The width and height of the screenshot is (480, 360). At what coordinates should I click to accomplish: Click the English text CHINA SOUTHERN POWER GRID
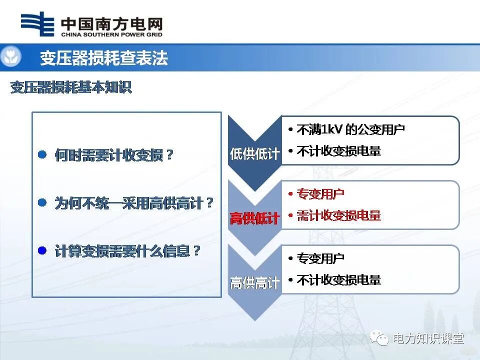pyautogui.click(x=111, y=35)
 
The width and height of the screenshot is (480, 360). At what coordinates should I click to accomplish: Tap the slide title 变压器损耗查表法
pyautogui.click(x=104, y=58)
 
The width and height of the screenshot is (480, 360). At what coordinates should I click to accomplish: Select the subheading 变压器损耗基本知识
pyautogui.click(x=71, y=87)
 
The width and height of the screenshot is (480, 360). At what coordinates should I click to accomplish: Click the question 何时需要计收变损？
pyautogui.click(x=114, y=155)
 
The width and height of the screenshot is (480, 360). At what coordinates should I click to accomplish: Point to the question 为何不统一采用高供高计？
pyautogui.click(x=134, y=203)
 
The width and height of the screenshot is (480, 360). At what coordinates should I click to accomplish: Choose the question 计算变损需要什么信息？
pyautogui.click(x=127, y=251)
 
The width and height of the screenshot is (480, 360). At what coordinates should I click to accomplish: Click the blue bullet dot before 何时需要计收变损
pyautogui.click(x=42, y=155)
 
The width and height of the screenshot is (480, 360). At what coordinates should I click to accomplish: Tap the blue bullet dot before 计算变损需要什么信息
pyautogui.click(x=42, y=250)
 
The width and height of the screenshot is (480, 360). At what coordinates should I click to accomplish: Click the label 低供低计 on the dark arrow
pyautogui.click(x=254, y=153)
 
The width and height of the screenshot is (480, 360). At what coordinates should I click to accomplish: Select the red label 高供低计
pyautogui.click(x=254, y=218)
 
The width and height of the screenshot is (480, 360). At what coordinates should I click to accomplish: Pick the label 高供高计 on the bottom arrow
pyautogui.click(x=254, y=283)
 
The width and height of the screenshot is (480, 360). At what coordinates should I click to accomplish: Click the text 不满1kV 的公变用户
pyautogui.click(x=350, y=129)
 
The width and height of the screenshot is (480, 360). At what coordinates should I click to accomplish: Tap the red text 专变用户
pyautogui.click(x=320, y=194)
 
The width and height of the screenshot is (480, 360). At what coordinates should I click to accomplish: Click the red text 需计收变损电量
pyautogui.click(x=338, y=215)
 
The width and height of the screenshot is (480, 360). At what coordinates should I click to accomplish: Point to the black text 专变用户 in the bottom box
pyautogui.click(x=320, y=258)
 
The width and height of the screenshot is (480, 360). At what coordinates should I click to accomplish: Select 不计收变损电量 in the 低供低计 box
pyautogui.click(x=338, y=151)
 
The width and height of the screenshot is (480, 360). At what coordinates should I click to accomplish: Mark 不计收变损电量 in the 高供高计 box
pyautogui.click(x=338, y=280)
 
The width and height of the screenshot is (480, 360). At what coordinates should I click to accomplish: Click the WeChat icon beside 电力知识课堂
pyautogui.click(x=379, y=339)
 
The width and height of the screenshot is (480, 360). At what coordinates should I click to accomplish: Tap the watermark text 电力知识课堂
pyautogui.click(x=428, y=339)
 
